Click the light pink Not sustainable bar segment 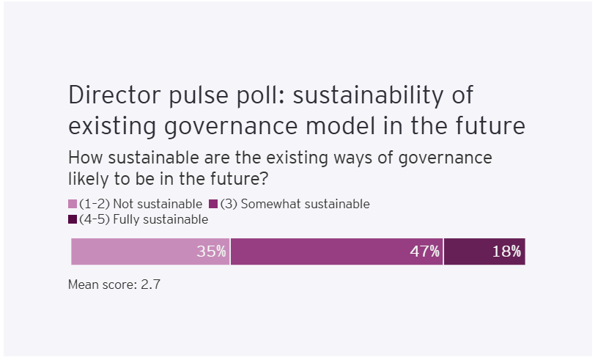coord(132,251)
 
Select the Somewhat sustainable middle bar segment coord(322,251)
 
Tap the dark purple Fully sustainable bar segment coord(469,251)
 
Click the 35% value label coord(212,251)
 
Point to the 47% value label coord(425,251)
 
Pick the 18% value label coord(507,251)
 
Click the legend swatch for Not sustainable coord(73,205)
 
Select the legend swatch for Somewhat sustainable coord(214,205)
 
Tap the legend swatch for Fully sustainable coord(73,219)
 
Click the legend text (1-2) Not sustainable coord(140,205)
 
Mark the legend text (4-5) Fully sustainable coord(143,219)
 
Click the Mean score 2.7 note coord(114,284)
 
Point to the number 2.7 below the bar coord(150,284)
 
